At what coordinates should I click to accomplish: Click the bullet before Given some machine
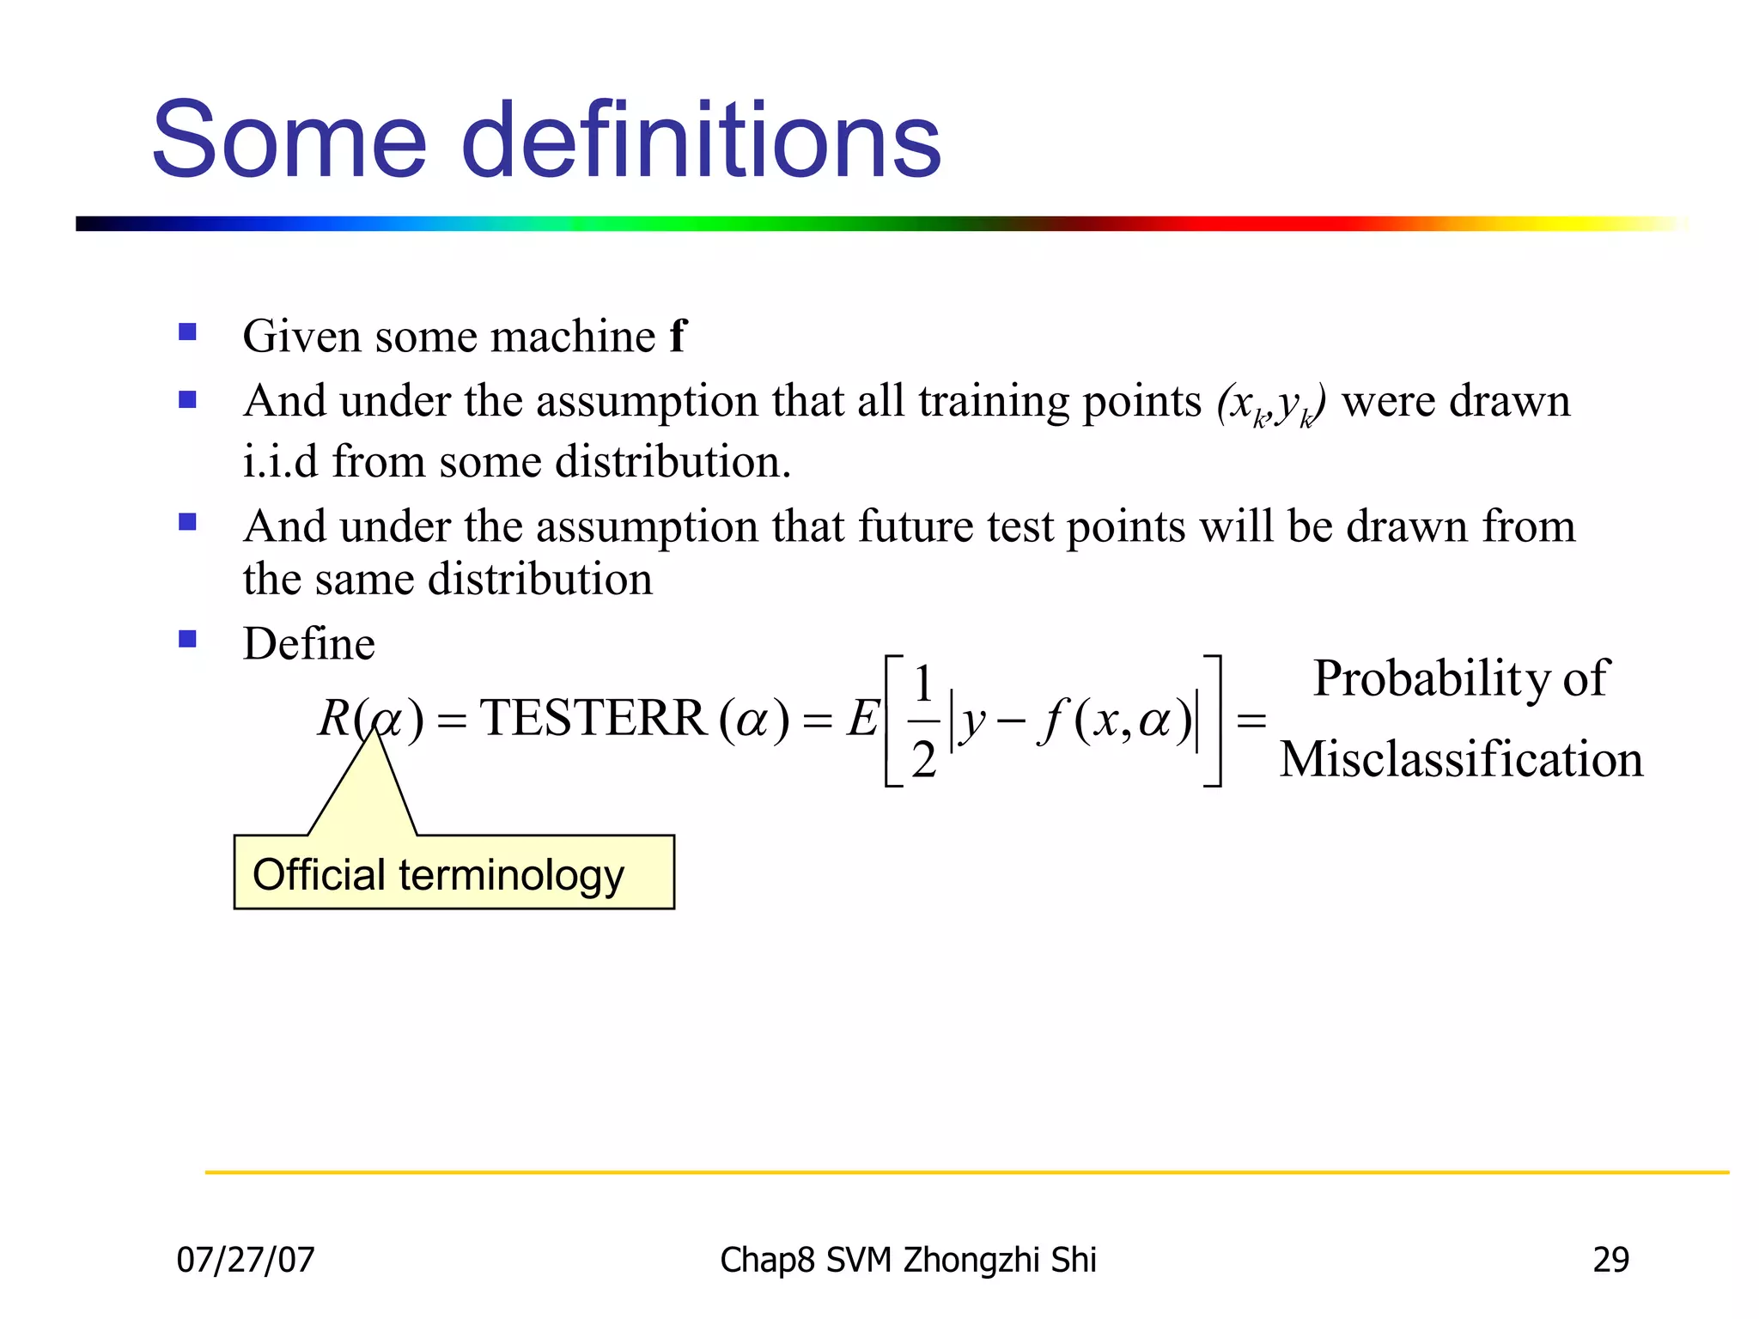pos(188,332)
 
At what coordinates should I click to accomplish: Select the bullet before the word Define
pos(188,639)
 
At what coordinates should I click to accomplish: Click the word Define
pos(309,643)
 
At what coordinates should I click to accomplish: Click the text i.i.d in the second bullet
pos(280,461)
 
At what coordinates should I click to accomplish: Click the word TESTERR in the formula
pos(593,718)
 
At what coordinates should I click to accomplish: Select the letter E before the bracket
pos(861,719)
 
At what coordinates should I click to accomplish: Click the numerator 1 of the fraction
pos(923,684)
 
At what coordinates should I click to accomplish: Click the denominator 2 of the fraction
pos(923,759)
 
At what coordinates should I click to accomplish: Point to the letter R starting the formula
pos(334,718)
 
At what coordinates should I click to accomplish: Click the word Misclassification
pos(1461,759)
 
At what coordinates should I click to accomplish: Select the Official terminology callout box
pos(453,872)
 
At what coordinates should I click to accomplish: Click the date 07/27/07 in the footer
pos(246,1260)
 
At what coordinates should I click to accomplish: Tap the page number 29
pos(1610,1260)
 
